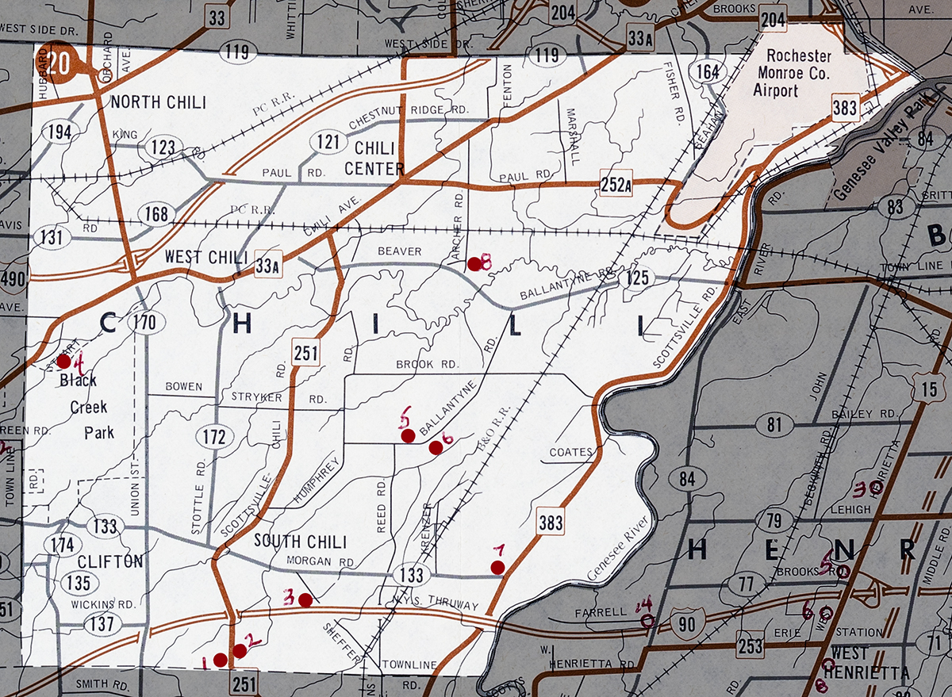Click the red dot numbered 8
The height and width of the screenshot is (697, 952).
[x=474, y=264]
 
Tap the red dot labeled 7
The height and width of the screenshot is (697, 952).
[x=497, y=566]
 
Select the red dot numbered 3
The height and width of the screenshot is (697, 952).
[x=305, y=599]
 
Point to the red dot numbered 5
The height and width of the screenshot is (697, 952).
[x=408, y=435]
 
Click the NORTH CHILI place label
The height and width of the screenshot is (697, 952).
[x=158, y=102]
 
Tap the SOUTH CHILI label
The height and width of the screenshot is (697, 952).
[x=300, y=542]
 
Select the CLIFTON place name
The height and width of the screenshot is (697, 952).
[x=110, y=561]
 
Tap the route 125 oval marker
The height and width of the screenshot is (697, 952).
[x=637, y=278]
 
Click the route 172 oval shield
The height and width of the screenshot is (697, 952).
[x=213, y=438]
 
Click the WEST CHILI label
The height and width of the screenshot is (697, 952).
[x=206, y=258]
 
